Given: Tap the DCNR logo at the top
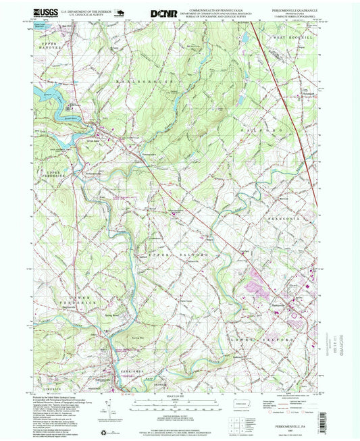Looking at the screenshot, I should [159, 12].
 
